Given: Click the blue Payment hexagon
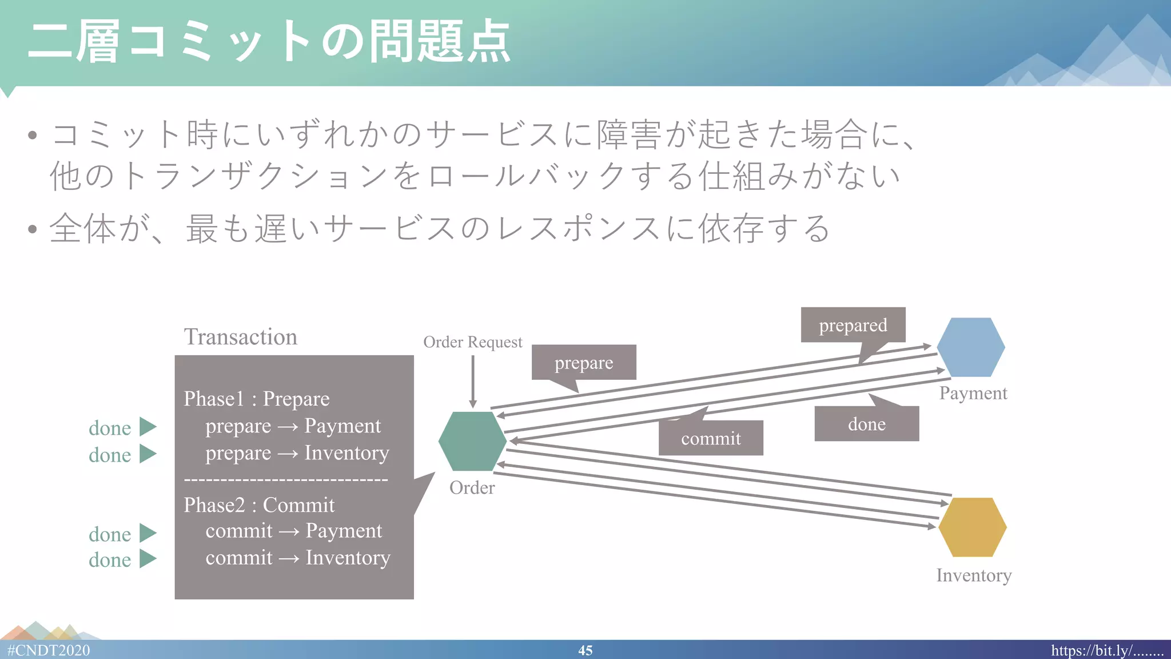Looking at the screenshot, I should [x=971, y=347].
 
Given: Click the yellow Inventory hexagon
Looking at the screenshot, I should [x=972, y=527].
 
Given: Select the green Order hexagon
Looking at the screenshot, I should [x=472, y=441].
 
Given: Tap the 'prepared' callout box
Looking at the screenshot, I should [x=853, y=325].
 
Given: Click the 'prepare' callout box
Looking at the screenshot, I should [x=583, y=362].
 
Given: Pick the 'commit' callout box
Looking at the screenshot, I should [x=711, y=438].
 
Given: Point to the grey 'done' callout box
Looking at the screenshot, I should [x=866, y=424].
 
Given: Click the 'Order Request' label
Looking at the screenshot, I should [x=472, y=342].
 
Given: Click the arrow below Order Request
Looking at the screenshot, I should [x=473, y=380].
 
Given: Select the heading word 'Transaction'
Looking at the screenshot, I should [x=240, y=336].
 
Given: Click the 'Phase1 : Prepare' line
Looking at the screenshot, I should [x=256, y=398].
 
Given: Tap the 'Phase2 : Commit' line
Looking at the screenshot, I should [x=258, y=505].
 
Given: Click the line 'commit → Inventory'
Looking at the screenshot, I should [x=297, y=557].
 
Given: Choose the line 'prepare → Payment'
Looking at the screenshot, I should [x=293, y=426].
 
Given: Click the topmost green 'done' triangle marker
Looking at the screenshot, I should [x=147, y=427].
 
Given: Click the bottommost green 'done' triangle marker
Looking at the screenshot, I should [x=147, y=559].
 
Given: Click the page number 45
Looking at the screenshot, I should [x=585, y=650].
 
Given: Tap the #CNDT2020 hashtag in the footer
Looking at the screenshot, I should [x=49, y=650].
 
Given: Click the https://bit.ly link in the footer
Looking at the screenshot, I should [x=1106, y=650].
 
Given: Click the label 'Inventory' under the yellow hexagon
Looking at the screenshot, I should [x=973, y=575].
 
